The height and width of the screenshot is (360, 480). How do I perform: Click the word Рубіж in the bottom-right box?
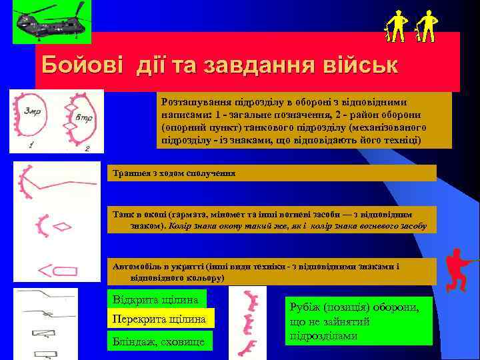[x=303, y=307]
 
